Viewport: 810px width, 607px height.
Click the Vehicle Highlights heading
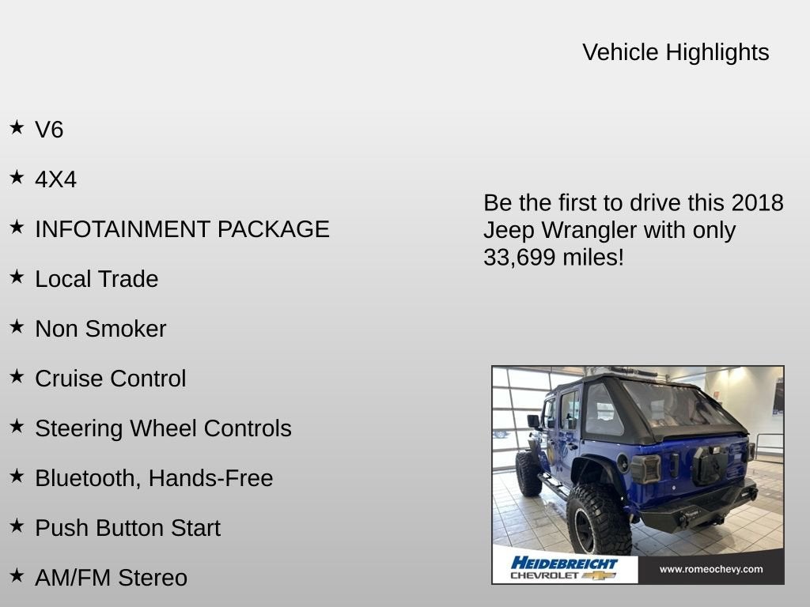676,52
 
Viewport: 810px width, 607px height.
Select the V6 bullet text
49,130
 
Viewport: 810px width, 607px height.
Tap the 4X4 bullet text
55,179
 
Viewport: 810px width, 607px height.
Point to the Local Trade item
97,279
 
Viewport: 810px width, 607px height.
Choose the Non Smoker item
100,329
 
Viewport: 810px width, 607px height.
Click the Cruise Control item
111,379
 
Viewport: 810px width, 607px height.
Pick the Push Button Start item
127,528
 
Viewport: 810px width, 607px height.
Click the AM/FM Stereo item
111,578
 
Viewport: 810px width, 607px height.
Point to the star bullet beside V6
17,127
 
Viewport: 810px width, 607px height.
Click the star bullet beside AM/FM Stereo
17,575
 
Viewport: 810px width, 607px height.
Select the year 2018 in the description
757,203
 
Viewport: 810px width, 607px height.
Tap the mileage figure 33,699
518,257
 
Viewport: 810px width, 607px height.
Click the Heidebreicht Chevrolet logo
564,568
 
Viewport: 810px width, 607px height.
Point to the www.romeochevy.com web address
710,569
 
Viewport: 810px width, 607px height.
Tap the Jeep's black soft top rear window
672,409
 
